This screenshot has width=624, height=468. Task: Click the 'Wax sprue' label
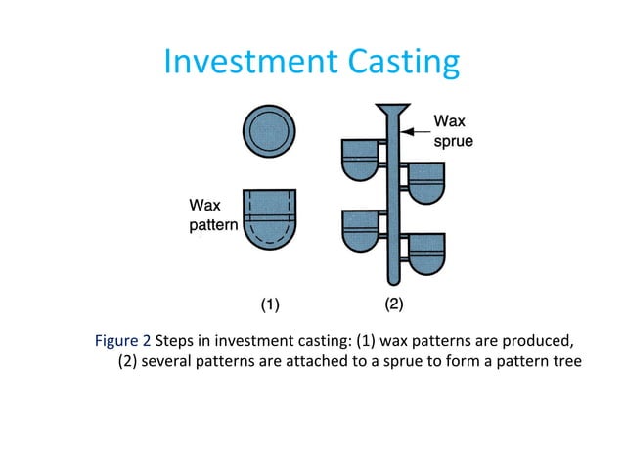click(455, 132)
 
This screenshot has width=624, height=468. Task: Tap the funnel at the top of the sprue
click(393, 109)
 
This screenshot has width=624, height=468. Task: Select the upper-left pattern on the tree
click(361, 159)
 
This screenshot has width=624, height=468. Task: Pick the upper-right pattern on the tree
click(425, 182)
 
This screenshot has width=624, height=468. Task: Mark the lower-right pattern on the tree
click(425, 254)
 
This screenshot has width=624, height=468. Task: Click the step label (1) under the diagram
click(269, 304)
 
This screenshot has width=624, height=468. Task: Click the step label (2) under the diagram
click(393, 304)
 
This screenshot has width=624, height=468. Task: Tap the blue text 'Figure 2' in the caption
click(122, 341)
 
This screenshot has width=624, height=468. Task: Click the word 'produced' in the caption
click(537, 341)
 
